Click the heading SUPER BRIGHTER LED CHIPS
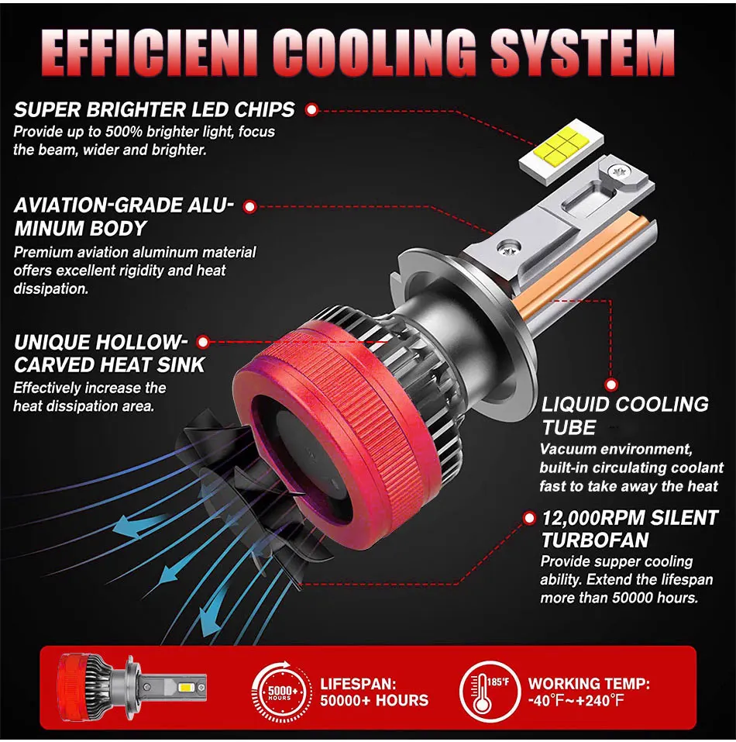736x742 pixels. tap(154, 110)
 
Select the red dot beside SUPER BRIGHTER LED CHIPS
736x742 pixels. tap(311, 110)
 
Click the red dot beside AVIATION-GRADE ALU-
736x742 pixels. tap(249, 206)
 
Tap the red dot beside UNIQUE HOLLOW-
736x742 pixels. tap(203, 341)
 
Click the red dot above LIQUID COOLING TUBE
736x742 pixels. tap(611, 383)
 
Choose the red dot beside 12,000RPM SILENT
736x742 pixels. tap(530, 517)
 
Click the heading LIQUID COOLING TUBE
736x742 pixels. tap(624, 416)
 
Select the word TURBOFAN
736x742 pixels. tap(595, 540)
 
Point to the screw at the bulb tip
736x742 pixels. tap(617, 172)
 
